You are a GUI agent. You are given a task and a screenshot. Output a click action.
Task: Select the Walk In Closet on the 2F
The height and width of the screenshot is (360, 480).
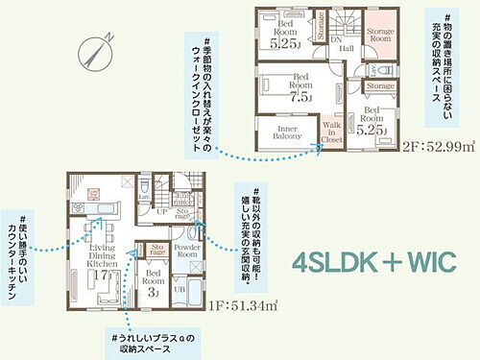tap(332, 132)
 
